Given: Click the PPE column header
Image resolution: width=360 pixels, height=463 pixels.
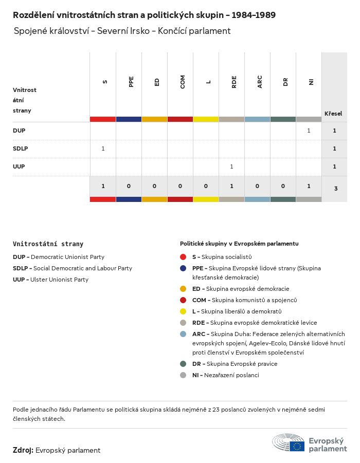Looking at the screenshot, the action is click(131, 82).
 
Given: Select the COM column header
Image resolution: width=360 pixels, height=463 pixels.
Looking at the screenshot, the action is click(183, 82).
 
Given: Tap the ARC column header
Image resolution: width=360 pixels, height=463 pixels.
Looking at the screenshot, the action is click(260, 82).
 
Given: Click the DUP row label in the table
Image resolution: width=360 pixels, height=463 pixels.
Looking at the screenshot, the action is click(19, 131).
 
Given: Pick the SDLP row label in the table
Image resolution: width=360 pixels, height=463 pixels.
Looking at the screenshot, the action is click(20, 149).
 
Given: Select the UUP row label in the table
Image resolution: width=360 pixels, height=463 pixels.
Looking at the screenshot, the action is click(19, 166).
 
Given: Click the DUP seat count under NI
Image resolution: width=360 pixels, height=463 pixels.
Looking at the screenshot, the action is click(309, 131).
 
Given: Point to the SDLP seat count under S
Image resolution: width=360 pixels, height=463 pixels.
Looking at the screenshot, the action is click(103, 149).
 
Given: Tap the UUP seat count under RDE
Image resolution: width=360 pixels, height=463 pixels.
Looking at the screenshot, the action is click(231, 166).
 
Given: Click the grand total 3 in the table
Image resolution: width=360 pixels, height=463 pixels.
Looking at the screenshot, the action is click(336, 189).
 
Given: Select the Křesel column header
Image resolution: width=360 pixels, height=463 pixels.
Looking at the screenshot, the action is click(333, 114).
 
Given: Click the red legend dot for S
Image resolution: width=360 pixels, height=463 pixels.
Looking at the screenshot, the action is click(183, 257).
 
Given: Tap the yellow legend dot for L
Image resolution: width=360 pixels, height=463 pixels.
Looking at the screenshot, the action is click(183, 311).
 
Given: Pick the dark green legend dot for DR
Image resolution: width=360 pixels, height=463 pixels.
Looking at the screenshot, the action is click(183, 364).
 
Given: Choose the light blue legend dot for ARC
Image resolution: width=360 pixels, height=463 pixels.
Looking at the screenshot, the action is click(183, 334).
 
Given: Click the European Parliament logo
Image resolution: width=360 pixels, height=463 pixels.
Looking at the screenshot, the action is click(310, 442).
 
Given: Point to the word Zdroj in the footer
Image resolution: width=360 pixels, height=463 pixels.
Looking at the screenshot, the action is click(23, 450).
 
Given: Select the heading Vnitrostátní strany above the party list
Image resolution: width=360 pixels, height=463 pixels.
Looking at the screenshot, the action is click(48, 244).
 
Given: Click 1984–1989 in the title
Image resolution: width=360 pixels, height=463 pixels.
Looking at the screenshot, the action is click(254, 15).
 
